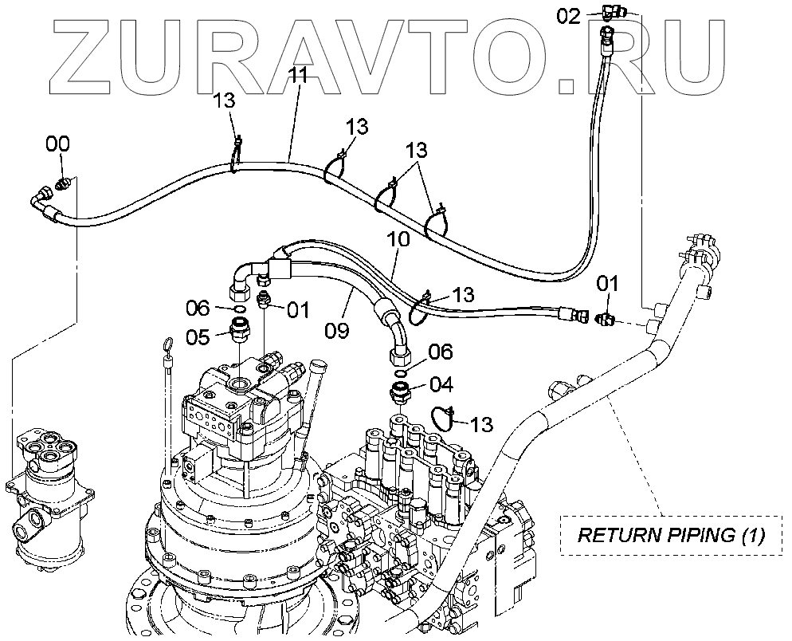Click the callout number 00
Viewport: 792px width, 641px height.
coord(57,145)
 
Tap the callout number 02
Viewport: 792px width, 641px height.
coord(568,15)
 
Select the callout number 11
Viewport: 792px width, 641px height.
coord(299,77)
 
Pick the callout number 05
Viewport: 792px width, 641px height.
coord(198,337)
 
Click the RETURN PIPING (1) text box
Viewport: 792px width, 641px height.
coord(670,534)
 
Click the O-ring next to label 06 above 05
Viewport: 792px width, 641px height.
coord(238,307)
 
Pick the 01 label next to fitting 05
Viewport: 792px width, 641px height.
coord(296,309)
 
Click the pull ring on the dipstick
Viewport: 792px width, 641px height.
coord(167,344)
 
